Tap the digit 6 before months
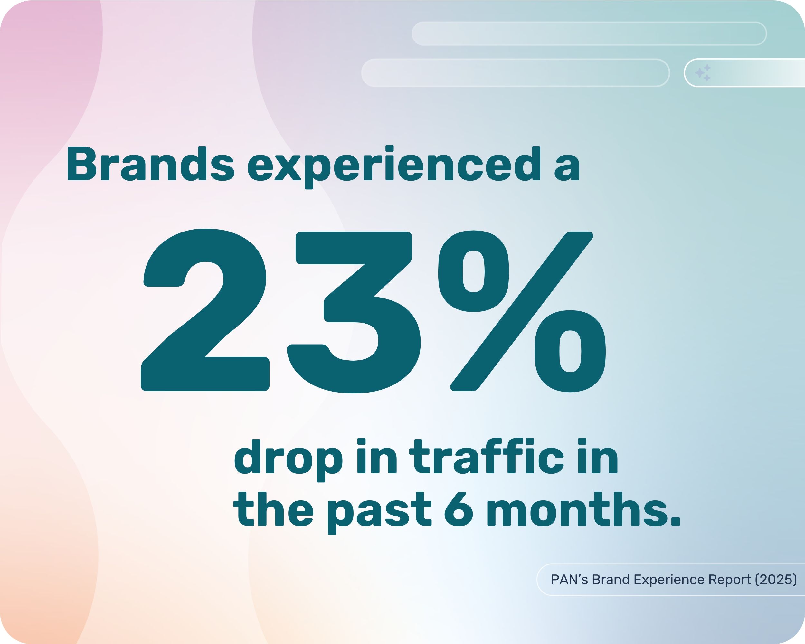459,510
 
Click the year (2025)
776,579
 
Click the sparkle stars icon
703,73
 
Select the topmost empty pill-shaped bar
589,33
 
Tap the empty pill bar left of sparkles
515,73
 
